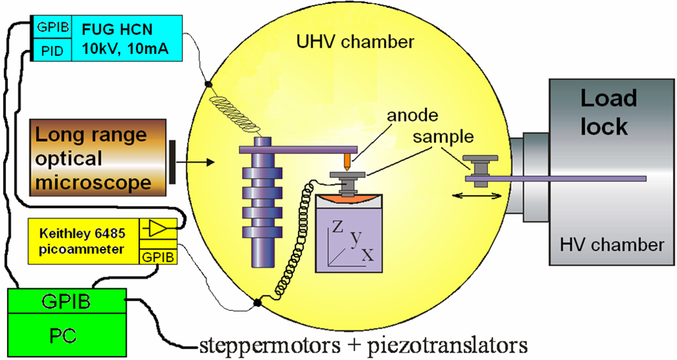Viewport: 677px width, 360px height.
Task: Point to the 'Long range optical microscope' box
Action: (x=91, y=158)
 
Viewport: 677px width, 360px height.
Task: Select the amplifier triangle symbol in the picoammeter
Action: (x=156, y=229)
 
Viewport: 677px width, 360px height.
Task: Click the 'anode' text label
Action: (x=414, y=114)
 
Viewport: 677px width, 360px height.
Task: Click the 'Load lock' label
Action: (x=608, y=112)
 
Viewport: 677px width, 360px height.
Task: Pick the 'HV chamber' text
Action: (x=609, y=244)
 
